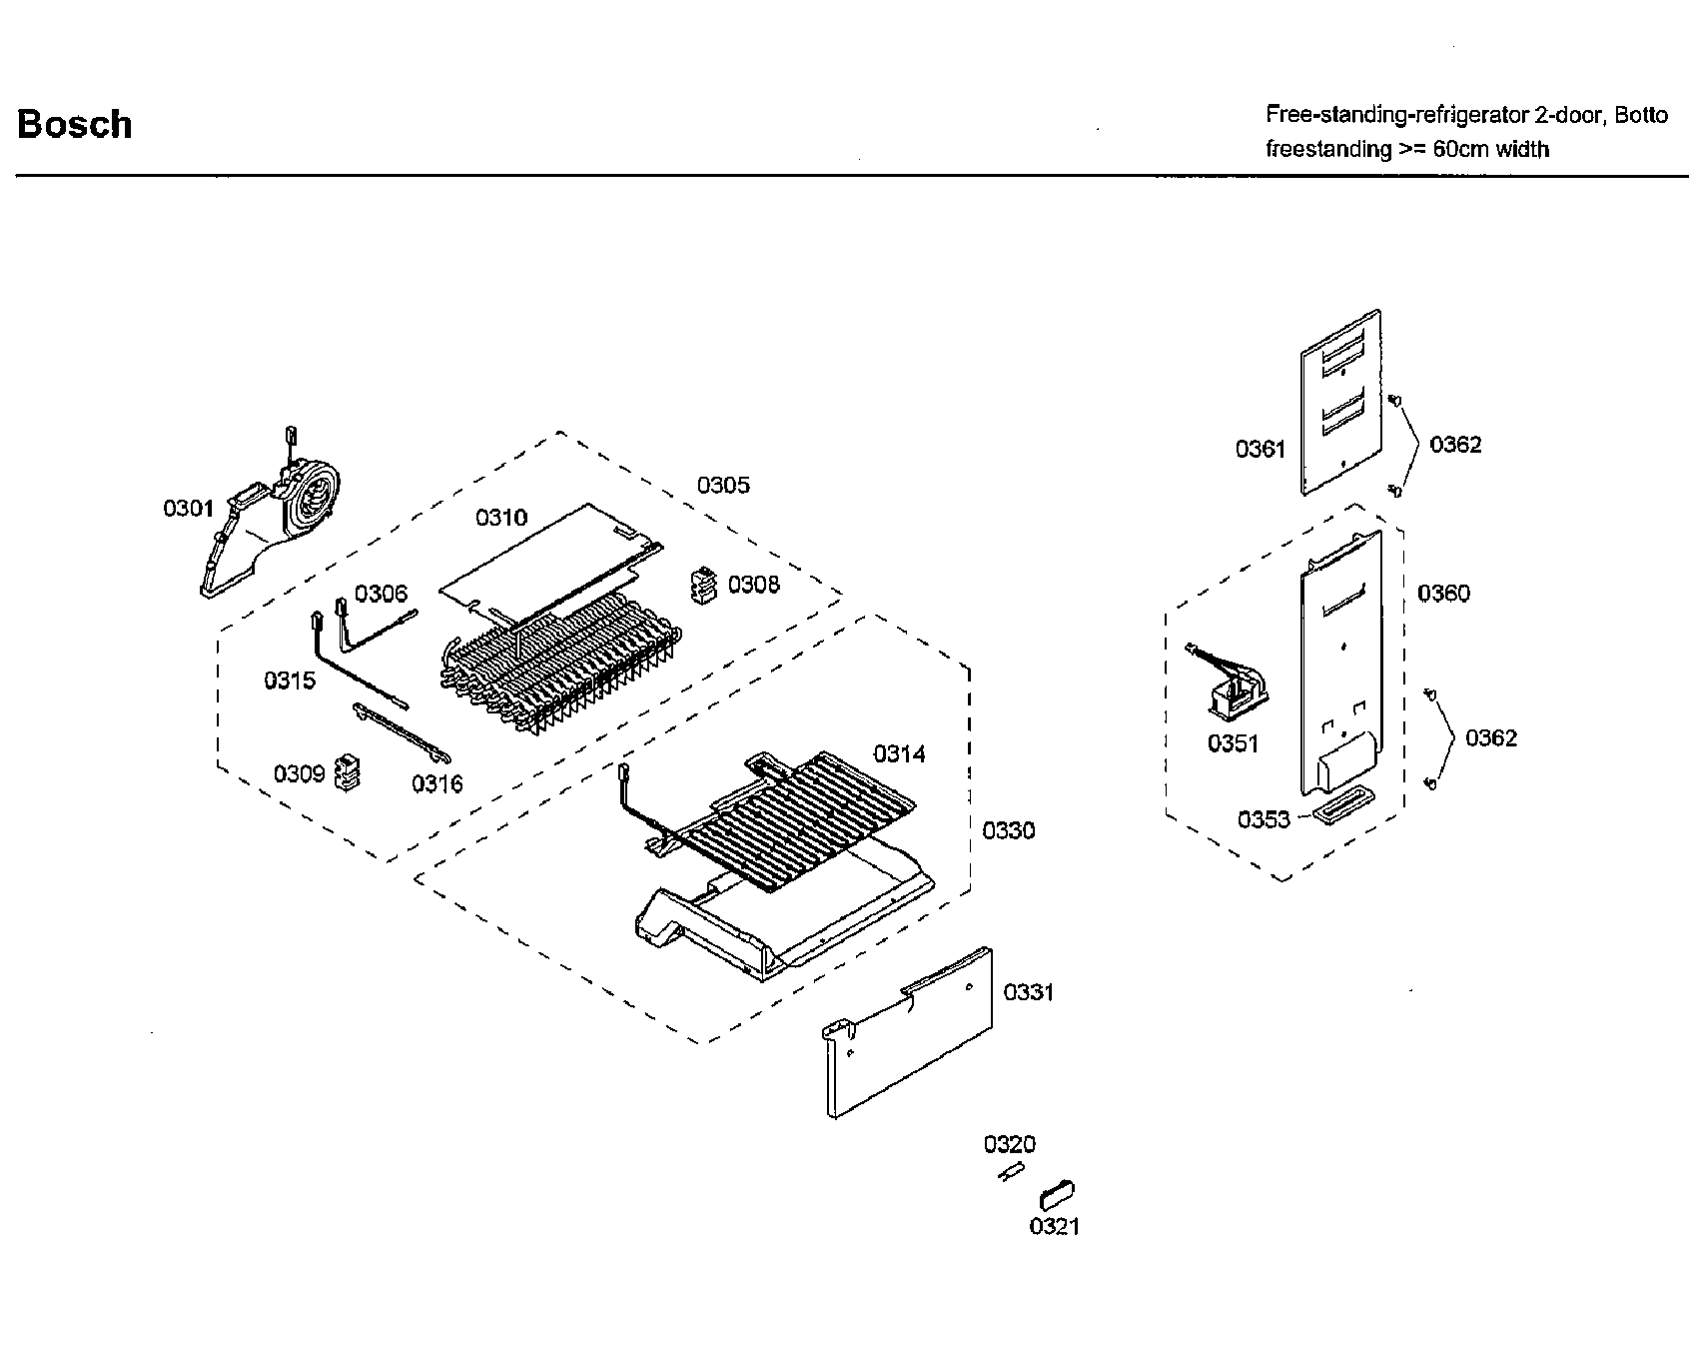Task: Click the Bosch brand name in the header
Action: click(75, 124)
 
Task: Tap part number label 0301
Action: click(189, 509)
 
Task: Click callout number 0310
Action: click(501, 517)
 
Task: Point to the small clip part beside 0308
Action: click(705, 586)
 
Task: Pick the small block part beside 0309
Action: click(347, 772)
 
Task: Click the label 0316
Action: click(437, 783)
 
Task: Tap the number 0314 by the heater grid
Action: click(899, 753)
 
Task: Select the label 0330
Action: click(1009, 830)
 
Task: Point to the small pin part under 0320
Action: click(1011, 1172)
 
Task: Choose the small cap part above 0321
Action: click(1057, 1193)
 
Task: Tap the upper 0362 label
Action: click(1455, 445)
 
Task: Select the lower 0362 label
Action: click(1490, 738)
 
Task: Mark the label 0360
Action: click(1443, 594)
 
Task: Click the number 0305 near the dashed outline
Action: click(723, 486)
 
